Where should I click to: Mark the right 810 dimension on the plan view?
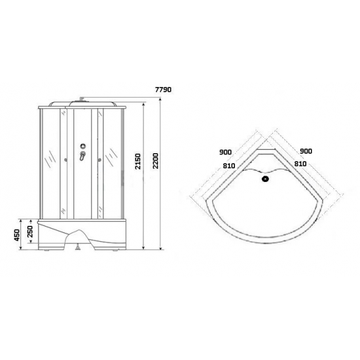[x=303, y=166]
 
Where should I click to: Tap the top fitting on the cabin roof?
[x=81, y=101]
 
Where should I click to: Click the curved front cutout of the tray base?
[x=81, y=237]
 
